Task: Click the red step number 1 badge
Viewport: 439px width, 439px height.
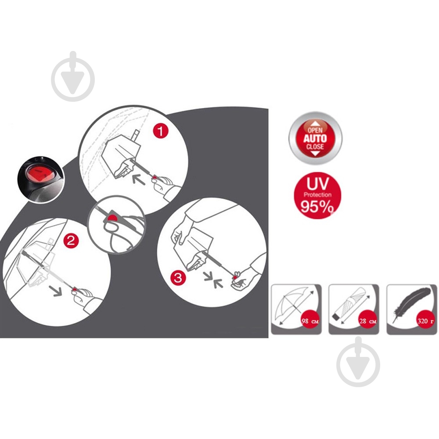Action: (x=161, y=131)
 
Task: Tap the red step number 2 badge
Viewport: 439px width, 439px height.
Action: (x=71, y=240)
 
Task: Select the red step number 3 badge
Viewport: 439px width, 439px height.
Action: (x=178, y=278)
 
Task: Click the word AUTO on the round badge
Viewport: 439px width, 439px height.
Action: (x=315, y=138)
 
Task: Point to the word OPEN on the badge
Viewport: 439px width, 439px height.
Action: (x=315, y=130)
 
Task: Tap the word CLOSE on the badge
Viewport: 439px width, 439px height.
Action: (x=315, y=147)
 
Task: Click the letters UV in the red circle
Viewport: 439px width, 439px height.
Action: (x=317, y=184)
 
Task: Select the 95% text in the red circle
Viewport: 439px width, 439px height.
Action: (x=317, y=206)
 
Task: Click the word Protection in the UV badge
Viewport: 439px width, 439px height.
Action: (x=317, y=194)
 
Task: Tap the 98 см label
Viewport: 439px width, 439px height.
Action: (x=310, y=321)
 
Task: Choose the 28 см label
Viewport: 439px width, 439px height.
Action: (x=367, y=321)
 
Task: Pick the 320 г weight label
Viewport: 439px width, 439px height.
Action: (x=425, y=321)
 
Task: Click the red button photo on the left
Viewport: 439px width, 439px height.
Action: (x=41, y=180)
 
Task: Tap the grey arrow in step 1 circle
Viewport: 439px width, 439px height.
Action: (x=139, y=180)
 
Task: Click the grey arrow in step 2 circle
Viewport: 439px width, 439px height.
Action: (x=57, y=291)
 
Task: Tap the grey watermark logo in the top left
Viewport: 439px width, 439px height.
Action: (x=73, y=76)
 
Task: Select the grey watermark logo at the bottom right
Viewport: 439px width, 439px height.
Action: (x=358, y=362)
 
